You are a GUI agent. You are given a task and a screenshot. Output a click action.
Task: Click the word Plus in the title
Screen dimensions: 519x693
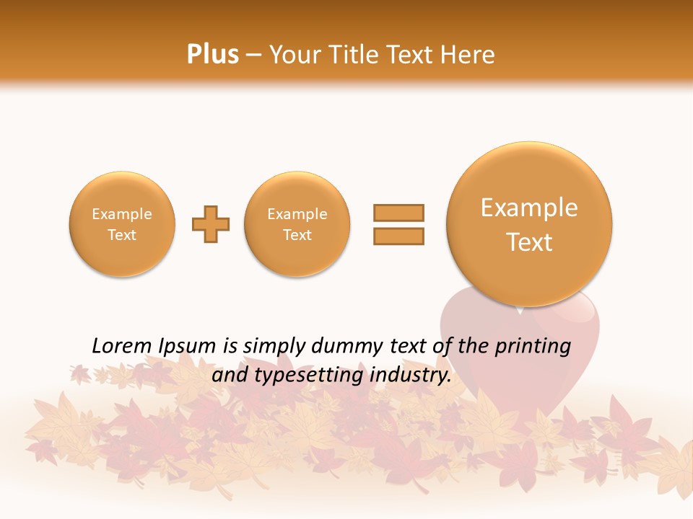pyautogui.click(x=212, y=55)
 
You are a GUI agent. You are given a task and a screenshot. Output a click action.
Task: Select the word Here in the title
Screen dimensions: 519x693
pyautogui.click(x=468, y=55)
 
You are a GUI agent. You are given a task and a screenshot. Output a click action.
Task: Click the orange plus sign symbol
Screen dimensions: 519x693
pyautogui.click(x=211, y=223)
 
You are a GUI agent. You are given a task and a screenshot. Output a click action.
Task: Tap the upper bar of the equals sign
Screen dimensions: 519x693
pyautogui.click(x=398, y=213)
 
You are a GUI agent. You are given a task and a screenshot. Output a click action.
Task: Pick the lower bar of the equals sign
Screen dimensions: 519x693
pyautogui.click(x=398, y=236)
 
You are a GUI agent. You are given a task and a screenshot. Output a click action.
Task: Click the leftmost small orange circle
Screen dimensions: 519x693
pyautogui.click(x=122, y=224)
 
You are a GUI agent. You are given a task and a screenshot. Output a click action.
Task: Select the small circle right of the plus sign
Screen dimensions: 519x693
pyautogui.click(x=297, y=224)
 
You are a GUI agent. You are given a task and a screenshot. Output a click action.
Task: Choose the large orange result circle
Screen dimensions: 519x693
pyautogui.click(x=529, y=224)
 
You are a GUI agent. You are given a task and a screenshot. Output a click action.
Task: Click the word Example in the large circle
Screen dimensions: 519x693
pyautogui.click(x=529, y=208)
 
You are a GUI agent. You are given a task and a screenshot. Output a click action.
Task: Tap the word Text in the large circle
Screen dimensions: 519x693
pyautogui.click(x=529, y=242)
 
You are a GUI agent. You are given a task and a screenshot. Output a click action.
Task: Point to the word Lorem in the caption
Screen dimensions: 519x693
pyautogui.click(x=122, y=347)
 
